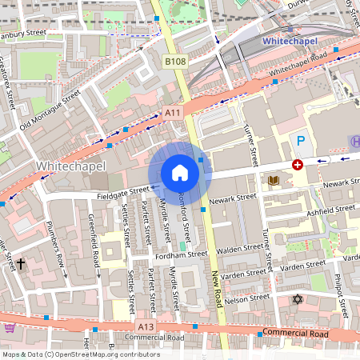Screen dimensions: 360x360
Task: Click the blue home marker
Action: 180,173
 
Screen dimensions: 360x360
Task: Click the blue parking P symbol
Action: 301,141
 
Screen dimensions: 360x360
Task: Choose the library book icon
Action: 274,181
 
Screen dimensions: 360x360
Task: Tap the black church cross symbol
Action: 21,262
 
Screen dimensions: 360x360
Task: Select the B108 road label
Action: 175,62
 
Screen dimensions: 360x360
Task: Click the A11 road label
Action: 173,114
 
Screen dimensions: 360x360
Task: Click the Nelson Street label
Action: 249,297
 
